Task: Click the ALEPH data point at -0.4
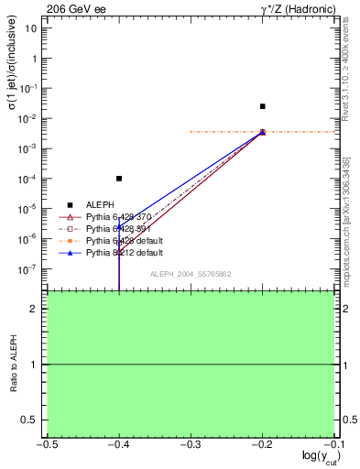coord(119,179)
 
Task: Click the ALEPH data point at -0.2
coord(262,106)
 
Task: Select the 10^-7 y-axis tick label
coord(27,269)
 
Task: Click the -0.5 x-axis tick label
coord(47,445)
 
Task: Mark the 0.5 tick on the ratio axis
coord(28,420)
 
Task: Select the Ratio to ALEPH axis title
coord(13,364)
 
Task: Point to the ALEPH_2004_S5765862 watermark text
coord(191,274)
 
